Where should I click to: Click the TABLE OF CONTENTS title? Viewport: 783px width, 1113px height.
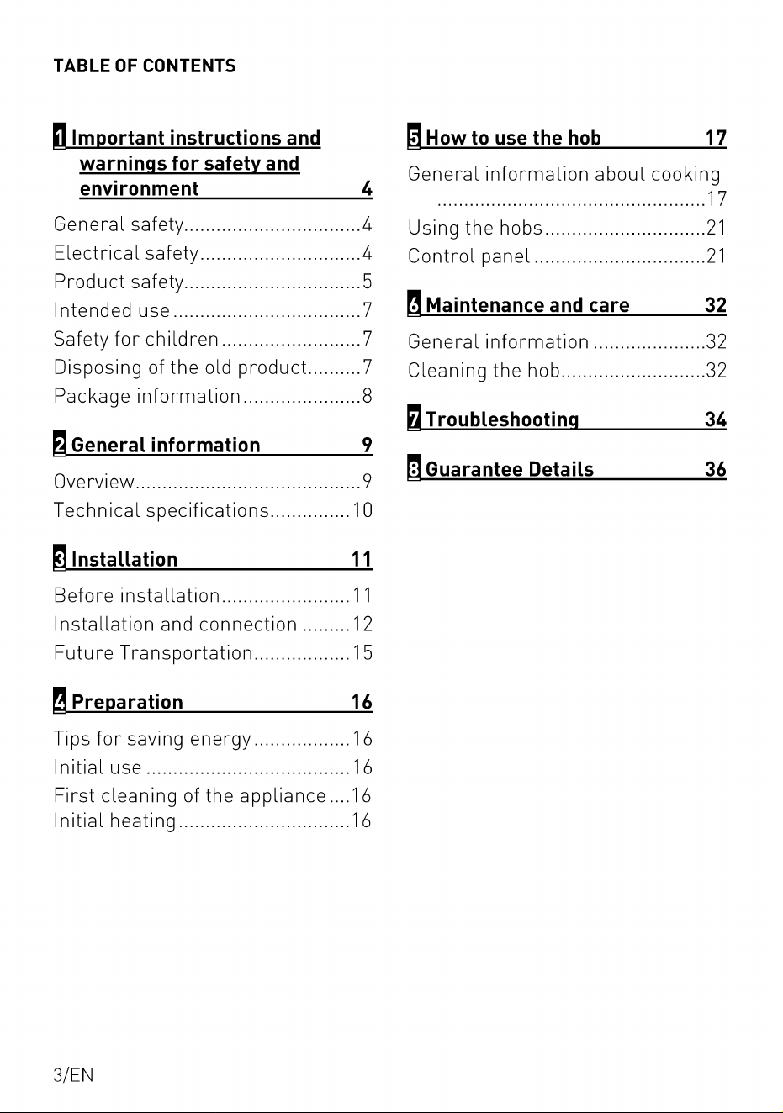[x=144, y=66]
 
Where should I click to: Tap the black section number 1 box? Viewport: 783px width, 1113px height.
[x=60, y=136]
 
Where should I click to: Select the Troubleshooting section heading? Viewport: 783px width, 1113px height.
[x=502, y=419]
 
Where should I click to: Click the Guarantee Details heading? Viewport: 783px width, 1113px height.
[x=510, y=468]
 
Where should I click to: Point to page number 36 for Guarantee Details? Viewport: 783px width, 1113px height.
[x=716, y=468]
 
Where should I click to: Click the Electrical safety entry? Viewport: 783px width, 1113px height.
[x=126, y=253]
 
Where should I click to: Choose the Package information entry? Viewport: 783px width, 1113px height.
[x=147, y=396]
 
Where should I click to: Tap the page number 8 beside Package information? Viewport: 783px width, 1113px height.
[x=367, y=396]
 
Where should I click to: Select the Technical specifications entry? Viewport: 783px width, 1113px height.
[x=161, y=510]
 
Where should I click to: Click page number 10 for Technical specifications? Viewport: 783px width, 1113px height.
[x=362, y=510]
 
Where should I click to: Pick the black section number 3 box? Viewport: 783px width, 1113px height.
[x=60, y=557]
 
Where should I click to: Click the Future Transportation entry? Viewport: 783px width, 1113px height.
[x=153, y=653]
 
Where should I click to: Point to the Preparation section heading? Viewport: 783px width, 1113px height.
[x=127, y=702]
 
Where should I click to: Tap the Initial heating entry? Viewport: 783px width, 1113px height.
[x=115, y=820]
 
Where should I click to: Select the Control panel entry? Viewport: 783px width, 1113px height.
[x=468, y=256]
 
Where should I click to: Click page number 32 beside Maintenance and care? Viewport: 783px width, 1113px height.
[x=716, y=304]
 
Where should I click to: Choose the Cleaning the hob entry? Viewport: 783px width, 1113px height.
[x=484, y=370]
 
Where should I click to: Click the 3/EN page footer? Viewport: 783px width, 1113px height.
[x=73, y=1074]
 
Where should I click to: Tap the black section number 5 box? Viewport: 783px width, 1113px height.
[x=414, y=136]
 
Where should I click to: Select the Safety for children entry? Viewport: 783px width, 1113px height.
[x=136, y=339]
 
